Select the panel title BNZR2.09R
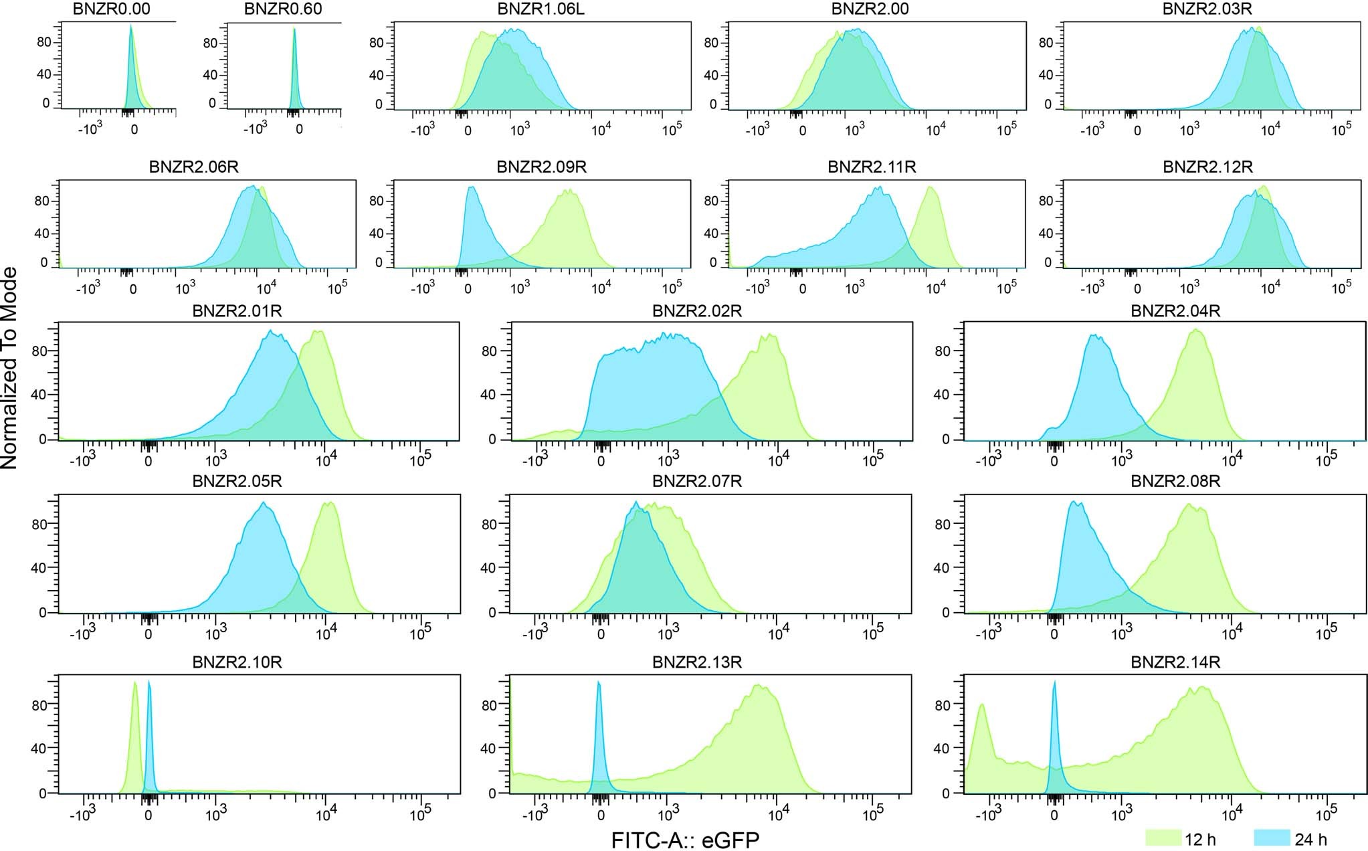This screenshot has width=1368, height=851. (541, 167)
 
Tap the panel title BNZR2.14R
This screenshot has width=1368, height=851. (1175, 663)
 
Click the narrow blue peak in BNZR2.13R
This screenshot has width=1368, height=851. (599, 684)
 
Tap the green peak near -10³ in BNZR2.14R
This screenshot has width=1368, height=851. (982, 705)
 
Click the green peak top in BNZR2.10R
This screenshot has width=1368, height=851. (134, 684)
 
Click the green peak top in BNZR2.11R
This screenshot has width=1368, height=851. (931, 189)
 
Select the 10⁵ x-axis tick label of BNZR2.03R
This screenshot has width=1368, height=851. (1341, 130)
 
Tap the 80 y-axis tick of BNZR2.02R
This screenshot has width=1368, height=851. (488, 351)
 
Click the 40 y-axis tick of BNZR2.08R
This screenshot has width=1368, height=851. (942, 568)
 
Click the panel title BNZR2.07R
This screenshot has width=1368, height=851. (696, 481)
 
